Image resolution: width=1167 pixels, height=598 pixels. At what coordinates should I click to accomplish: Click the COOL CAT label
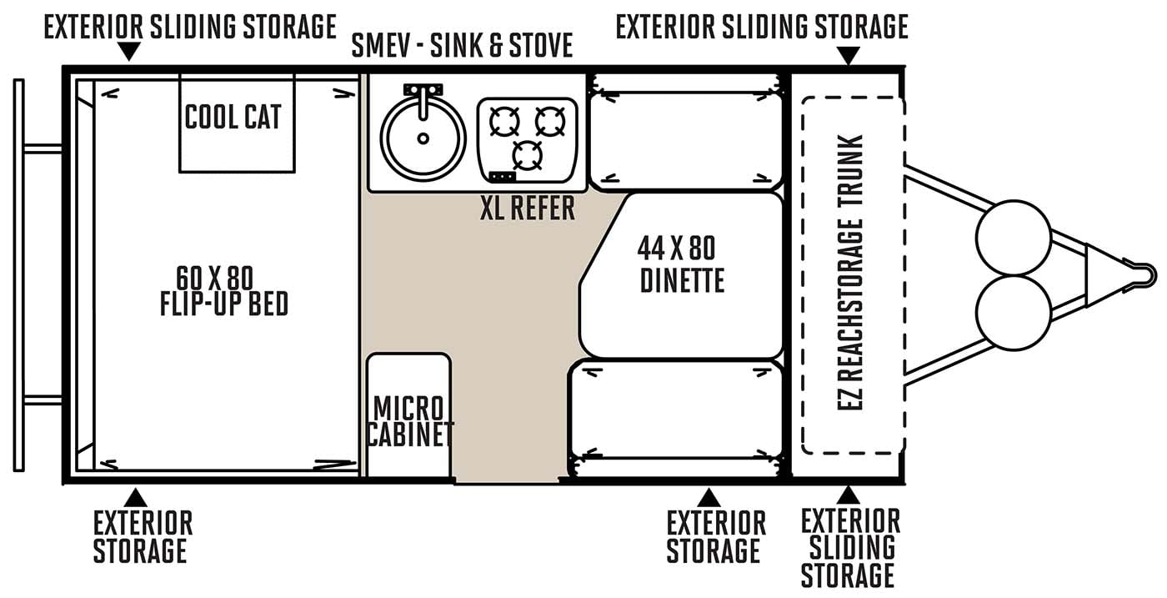[233, 117]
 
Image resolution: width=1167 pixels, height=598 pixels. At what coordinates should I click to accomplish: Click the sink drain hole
[423, 138]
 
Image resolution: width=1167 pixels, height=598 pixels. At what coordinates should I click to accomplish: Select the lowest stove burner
[527, 155]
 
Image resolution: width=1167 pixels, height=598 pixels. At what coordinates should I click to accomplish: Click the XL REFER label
[527, 208]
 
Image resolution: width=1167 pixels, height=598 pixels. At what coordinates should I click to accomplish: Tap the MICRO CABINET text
[409, 421]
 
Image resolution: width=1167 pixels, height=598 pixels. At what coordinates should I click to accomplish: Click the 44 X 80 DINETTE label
[680, 264]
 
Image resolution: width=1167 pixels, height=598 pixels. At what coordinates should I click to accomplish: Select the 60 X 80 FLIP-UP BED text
[223, 291]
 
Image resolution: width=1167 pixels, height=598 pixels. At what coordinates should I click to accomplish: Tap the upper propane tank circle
[1014, 238]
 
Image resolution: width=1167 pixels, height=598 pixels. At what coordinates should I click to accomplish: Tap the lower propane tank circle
[1014, 313]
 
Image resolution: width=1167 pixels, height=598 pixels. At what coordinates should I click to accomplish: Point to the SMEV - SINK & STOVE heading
[462, 45]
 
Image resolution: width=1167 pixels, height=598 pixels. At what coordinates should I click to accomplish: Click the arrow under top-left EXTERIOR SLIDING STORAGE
[128, 51]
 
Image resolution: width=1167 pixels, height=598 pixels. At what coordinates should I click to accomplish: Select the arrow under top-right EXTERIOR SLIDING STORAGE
[849, 55]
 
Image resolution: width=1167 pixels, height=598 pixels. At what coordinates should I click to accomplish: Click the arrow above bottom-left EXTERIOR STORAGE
[136, 497]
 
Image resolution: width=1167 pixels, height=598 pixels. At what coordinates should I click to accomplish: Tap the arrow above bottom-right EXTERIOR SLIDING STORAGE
[849, 495]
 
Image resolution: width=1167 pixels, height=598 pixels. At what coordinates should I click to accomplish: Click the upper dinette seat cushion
[686, 141]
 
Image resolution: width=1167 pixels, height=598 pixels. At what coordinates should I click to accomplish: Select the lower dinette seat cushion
[676, 410]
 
